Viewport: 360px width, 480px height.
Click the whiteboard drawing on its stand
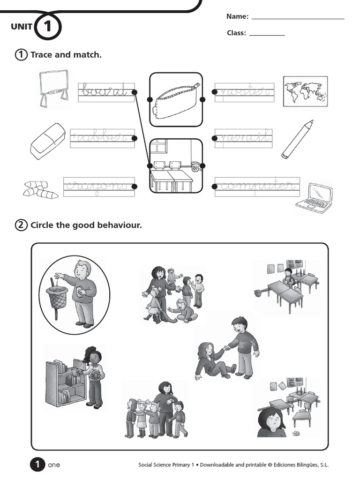point(53,87)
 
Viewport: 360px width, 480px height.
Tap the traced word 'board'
point(104,90)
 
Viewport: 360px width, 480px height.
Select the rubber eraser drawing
point(47,141)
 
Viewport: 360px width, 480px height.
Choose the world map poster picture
point(305,90)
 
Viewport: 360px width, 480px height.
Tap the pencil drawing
point(297,139)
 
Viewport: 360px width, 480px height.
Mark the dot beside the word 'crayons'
point(135,187)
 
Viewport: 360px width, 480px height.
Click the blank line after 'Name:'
point(298,18)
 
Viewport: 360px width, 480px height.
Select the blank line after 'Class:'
point(267,35)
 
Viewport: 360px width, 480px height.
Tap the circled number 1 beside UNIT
point(47,27)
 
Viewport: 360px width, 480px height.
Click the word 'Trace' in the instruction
point(41,55)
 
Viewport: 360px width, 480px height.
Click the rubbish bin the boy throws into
point(57,298)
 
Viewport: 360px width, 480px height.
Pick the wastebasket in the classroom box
point(195,166)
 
